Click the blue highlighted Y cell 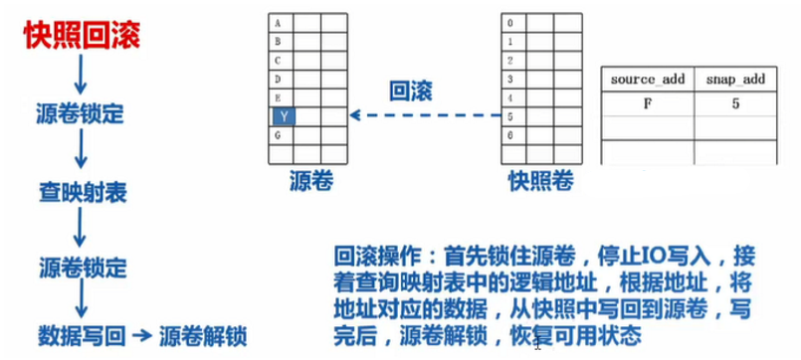tap(283, 116)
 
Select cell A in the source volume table tap(283, 23)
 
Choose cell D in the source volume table tap(283, 78)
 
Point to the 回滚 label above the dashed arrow tap(414, 90)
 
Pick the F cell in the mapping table tap(644, 102)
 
